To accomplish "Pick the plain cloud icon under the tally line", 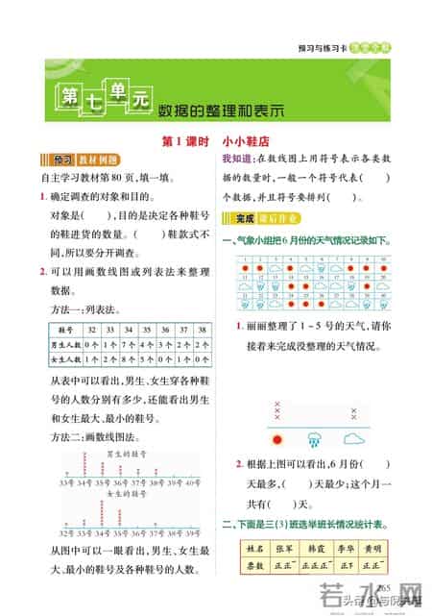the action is coord(354,439).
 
